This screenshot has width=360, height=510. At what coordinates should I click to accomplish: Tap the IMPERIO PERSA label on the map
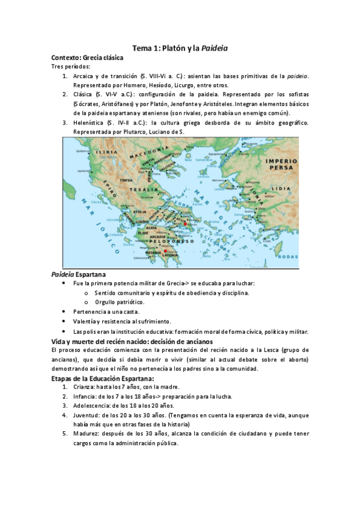(x=282, y=165)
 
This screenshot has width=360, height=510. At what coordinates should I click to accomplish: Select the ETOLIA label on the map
(x=139, y=212)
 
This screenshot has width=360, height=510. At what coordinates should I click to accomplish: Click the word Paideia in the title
(x=214, y=48)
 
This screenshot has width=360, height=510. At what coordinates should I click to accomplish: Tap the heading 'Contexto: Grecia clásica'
(x=87, y=58)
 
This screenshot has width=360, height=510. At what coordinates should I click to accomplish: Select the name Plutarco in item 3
(x=136, y=132)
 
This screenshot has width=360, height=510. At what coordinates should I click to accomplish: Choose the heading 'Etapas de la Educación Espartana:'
(x=103, y=378)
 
